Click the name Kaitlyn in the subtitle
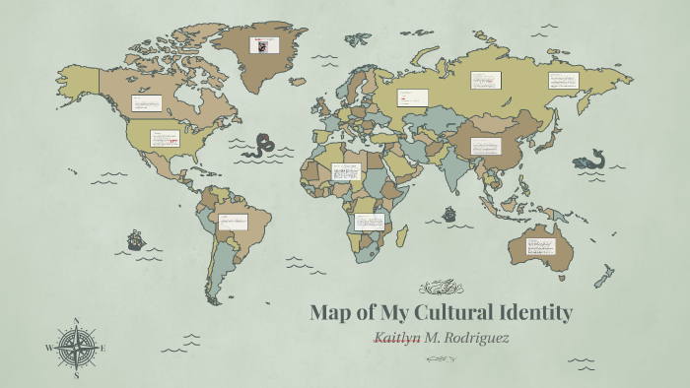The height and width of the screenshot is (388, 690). [402, 338]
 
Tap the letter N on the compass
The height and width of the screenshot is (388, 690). [76, 321]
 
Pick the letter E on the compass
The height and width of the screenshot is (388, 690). [103, 348]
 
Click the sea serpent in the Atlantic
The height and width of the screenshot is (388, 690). [263, 146]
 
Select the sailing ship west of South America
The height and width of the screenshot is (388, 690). [135, 239]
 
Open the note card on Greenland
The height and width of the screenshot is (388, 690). [264, 45]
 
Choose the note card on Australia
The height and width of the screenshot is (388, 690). [540, 242]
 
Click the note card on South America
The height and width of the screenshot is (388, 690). [235, 222]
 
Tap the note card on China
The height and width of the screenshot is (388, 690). [485, 146]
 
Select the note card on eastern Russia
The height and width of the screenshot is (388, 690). [564, 79]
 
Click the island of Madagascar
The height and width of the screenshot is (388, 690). [402, 235]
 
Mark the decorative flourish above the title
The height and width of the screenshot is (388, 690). [441, 288]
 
